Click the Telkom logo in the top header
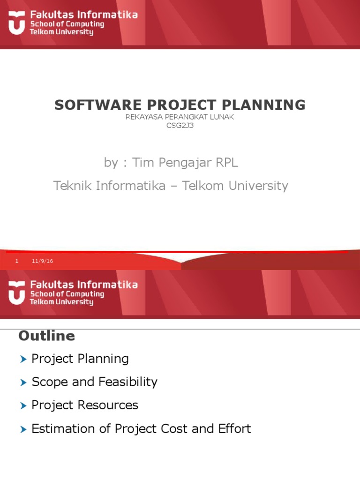pos(17,23)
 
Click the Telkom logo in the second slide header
pos(17,293)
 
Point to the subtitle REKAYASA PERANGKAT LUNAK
pos(180,117)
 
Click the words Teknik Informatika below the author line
pos(109,186)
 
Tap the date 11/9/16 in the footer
pos(42,261)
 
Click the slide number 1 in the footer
pos(17,261)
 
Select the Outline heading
pos(46,336)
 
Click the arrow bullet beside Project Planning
pos(24,360)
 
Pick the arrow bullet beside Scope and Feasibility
pos(24,382)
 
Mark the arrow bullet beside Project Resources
pos(24,405)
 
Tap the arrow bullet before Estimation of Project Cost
pos(24,429)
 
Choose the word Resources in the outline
pos(111,405)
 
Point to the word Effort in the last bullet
pos(234,428)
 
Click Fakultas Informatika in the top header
pos(84,15)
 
